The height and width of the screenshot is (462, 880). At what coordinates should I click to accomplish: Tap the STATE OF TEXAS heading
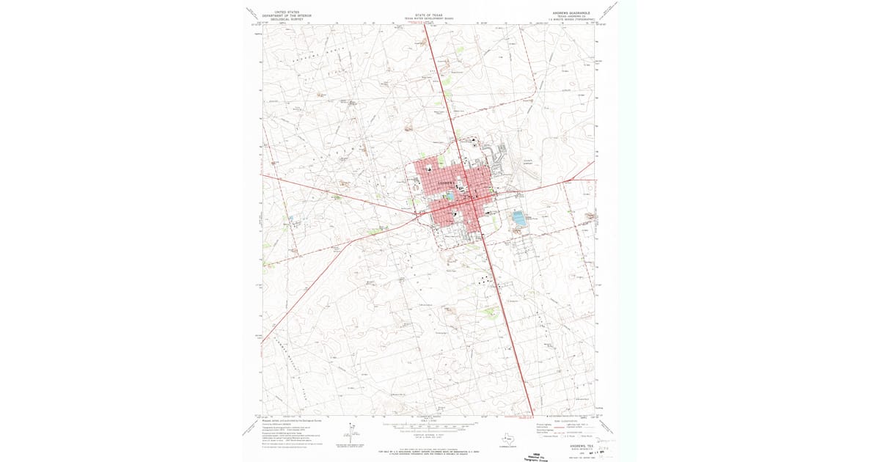[x=429, y=12]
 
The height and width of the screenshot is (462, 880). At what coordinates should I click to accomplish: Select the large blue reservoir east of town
[x=519, y=219]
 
